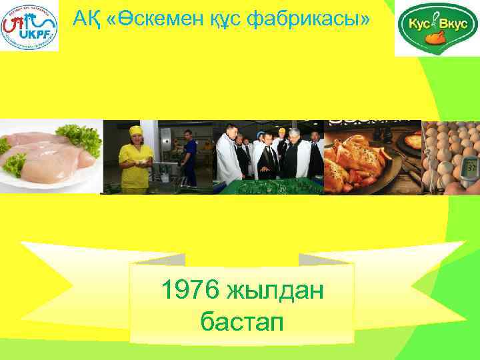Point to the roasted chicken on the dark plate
tap(353, 163)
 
